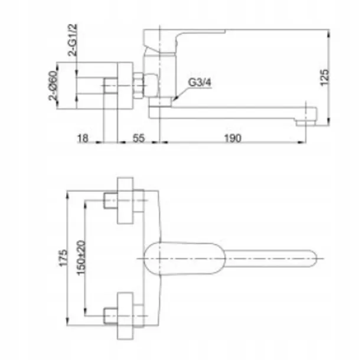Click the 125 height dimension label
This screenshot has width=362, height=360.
click(324, 77)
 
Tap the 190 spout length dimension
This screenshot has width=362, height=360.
click(233, 138)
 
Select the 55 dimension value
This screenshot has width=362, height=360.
click(139, 138)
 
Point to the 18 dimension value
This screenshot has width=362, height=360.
click(83, 138)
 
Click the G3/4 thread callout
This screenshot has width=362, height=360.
click(200, 83)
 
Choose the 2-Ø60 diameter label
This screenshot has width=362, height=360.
click(53, 86)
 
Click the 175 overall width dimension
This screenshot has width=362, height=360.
click(64, 258)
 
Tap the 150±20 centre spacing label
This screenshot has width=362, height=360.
click(81, 258)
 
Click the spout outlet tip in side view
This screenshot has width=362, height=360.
click(306, 123)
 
